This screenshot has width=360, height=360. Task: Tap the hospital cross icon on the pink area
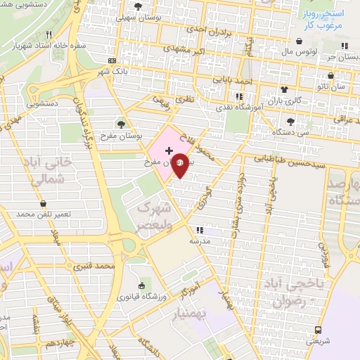coord(168,150)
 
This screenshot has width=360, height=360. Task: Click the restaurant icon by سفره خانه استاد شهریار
coord(49,34)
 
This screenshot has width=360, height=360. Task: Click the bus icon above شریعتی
coord(318,329)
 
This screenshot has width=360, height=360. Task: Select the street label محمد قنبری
coord(96,266)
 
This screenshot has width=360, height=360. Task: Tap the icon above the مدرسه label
coord(200,230)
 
